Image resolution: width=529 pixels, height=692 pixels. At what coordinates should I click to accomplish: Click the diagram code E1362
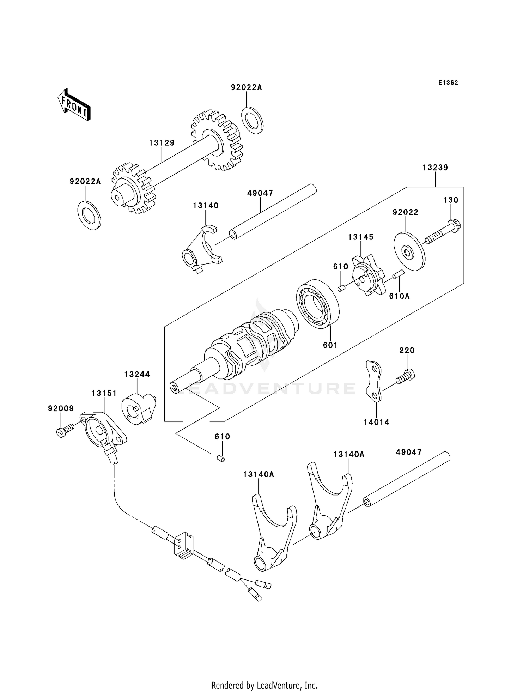pos(448,83)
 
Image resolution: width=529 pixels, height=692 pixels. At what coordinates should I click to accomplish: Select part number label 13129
pos(162,143)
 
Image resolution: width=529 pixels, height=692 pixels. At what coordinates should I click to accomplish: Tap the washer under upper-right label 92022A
pos(253,120)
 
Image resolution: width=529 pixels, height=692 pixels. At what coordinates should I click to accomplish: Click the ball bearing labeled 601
pos(317,304)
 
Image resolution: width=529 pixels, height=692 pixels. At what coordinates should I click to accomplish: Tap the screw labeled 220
pos(406,376)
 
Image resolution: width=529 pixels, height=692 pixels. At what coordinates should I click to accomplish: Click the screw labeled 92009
pos(65,431)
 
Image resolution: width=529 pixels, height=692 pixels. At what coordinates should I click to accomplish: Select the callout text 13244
pos(137,374)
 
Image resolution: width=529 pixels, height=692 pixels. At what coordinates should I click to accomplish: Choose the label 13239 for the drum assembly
pos(435,168)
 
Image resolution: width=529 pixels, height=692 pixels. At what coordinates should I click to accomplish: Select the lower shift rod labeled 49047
pos(407,479)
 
